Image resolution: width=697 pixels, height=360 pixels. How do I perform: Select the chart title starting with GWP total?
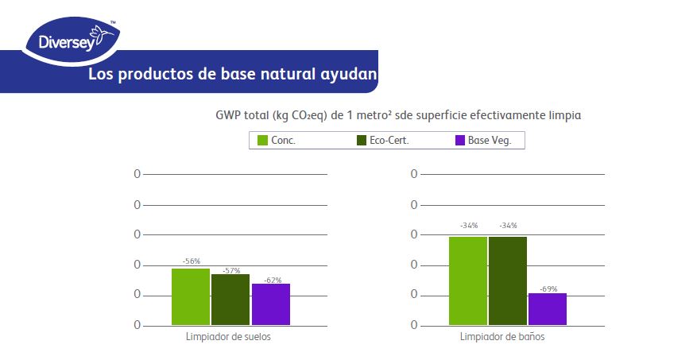pyautogui.click(x=398, y=115)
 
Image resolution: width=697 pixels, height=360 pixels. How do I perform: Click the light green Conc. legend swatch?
pyautogui.click(x=262, y=141)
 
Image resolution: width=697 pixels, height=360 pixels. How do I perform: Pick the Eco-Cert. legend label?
pyautogui.click(x=395, y=141)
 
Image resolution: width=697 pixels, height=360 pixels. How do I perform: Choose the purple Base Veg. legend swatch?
pyautogui.click(x=459, y=141)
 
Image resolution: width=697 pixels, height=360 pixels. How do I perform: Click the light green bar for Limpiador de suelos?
pyautogui.click(x=191, y=296)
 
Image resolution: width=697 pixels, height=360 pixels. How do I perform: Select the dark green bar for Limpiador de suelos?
pyautogui.click(x=230, y=300)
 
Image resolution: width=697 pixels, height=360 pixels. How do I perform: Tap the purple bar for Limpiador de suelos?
pyautogui.click(x=271, y=304)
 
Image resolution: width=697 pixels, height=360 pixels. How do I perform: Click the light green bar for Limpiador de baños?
pyautogui.click(x=468, y=281)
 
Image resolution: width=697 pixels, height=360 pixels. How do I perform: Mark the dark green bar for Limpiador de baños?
pyautogui.click(x=508, y=281)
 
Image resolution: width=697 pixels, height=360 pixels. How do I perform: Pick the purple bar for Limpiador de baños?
pyautogui.click(x=548, y=309)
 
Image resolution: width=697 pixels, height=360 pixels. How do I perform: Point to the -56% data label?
pyautogui.click(x=191, y=261)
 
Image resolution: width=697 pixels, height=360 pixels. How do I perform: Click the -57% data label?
pyautogui.click(x=231, y=270)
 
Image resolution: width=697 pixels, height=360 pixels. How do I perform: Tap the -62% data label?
pyautogui.click(x=272, y=279)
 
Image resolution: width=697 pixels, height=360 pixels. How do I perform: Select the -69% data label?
pyautogui.click(x=548, y=288)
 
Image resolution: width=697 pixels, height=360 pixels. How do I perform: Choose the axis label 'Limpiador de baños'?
pyautogui.click(x=502, y=336)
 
